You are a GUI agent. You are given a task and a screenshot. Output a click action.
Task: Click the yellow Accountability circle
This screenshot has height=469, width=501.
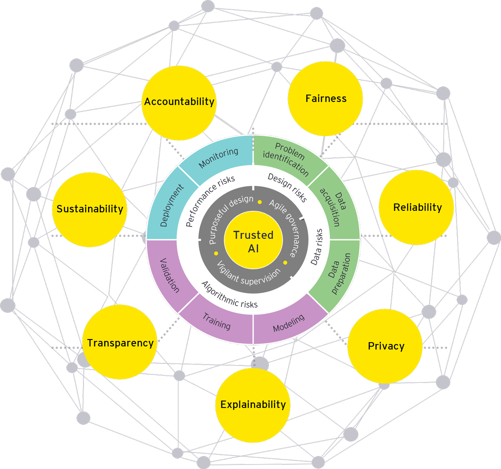click(x=179, y=102)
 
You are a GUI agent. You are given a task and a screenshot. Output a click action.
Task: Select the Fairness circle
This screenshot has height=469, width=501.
click(x=326, y=99)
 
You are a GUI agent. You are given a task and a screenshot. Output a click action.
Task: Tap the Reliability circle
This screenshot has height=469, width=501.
click(x=417, y=207)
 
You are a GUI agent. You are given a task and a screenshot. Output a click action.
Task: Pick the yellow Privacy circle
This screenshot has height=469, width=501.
click(x=385, y=346)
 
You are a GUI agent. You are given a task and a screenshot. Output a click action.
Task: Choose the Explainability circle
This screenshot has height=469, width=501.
click(x=253, y=405)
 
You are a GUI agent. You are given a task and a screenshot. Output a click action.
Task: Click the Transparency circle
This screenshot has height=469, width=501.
click(x=120, y=342)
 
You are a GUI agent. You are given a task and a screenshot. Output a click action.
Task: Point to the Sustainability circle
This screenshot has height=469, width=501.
click(x=90, y=209)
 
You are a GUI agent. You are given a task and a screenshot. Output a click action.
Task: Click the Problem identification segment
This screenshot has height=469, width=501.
click(x=286, y=159)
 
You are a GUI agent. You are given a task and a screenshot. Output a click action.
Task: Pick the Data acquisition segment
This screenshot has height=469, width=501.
click(x=334, y=205)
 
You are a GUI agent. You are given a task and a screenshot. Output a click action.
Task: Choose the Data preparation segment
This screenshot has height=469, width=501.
click(x=338, y=274)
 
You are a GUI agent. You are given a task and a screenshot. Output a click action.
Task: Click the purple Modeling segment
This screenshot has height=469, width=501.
click(x=288, y=323)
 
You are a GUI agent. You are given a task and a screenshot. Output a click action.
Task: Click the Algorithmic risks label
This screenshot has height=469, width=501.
click(x=230, y=294)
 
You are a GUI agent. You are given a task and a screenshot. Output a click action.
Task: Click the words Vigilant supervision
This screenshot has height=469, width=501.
click(x=248, y=275)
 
